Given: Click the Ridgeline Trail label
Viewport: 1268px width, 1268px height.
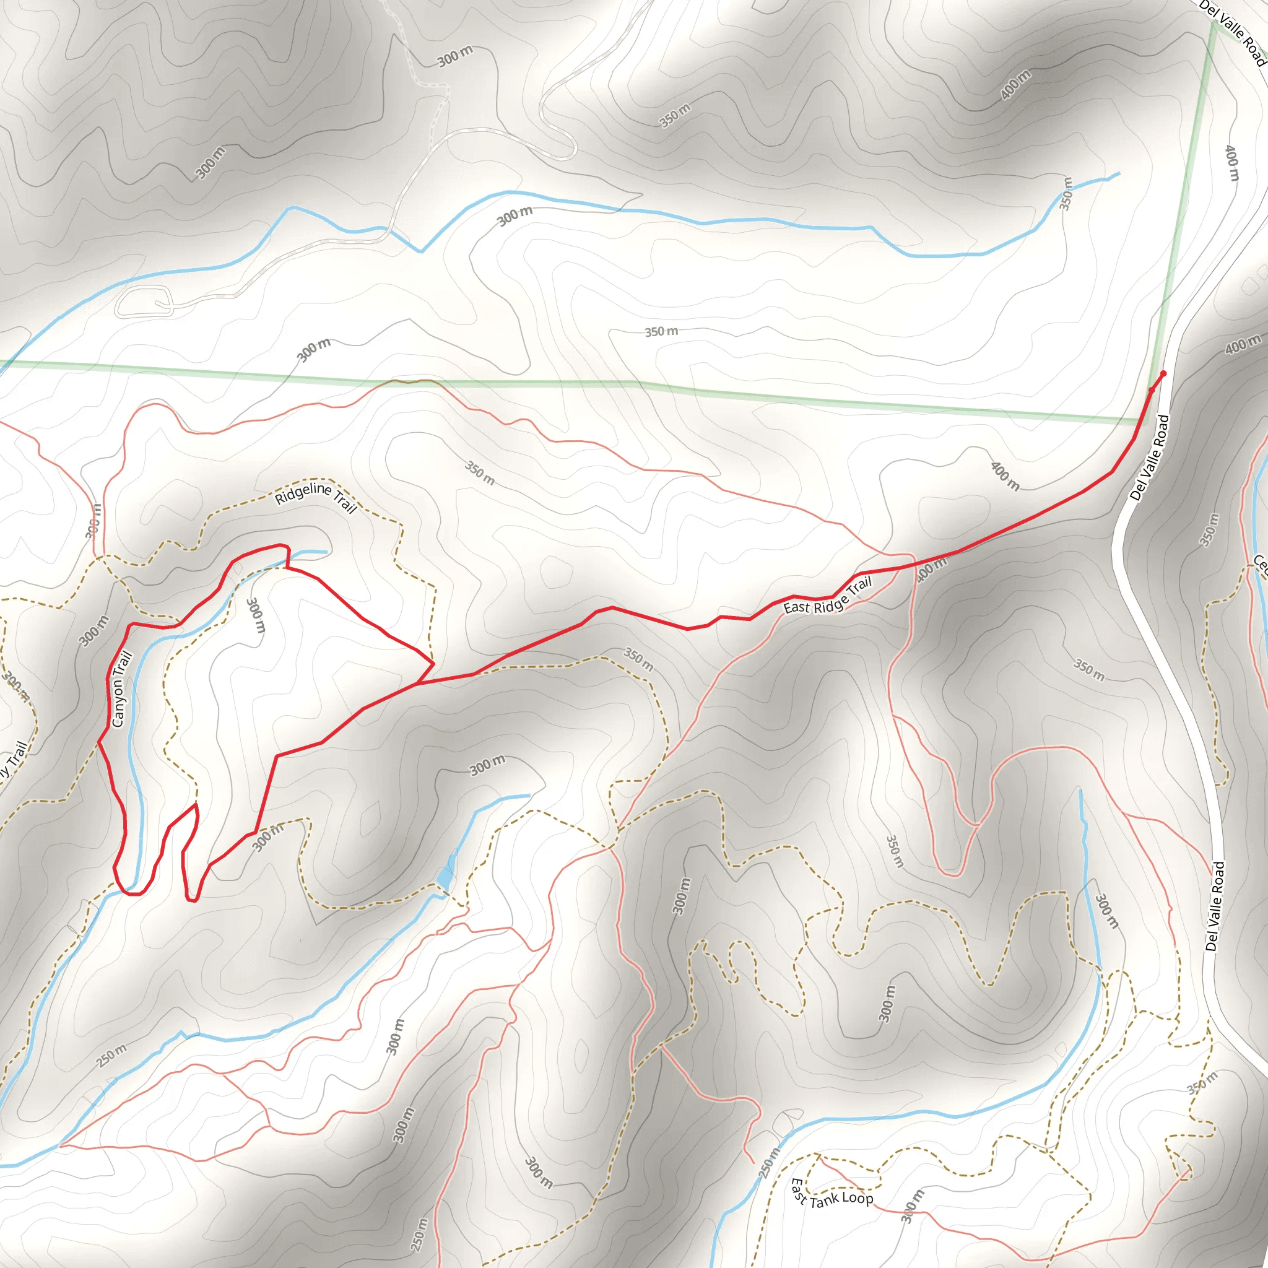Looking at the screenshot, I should pos(316,497).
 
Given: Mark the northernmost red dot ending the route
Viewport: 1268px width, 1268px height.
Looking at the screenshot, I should pos(1163,374).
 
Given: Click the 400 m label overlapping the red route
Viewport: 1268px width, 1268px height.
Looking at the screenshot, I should pos(931,568).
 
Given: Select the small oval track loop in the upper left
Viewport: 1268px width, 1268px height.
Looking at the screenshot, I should pos(144,302).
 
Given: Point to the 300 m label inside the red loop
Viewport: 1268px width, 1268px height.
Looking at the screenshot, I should pos(255,615).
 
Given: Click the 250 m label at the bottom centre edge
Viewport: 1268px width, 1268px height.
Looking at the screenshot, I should pos(419,1234).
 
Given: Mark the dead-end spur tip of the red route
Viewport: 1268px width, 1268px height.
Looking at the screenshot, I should pos(196,804).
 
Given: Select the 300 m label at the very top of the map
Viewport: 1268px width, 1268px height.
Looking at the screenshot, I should pos(455,56).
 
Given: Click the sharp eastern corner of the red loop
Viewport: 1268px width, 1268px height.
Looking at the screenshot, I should pos(433,664).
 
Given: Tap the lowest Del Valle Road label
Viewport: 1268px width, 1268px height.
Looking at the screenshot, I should pos(1215,906).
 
